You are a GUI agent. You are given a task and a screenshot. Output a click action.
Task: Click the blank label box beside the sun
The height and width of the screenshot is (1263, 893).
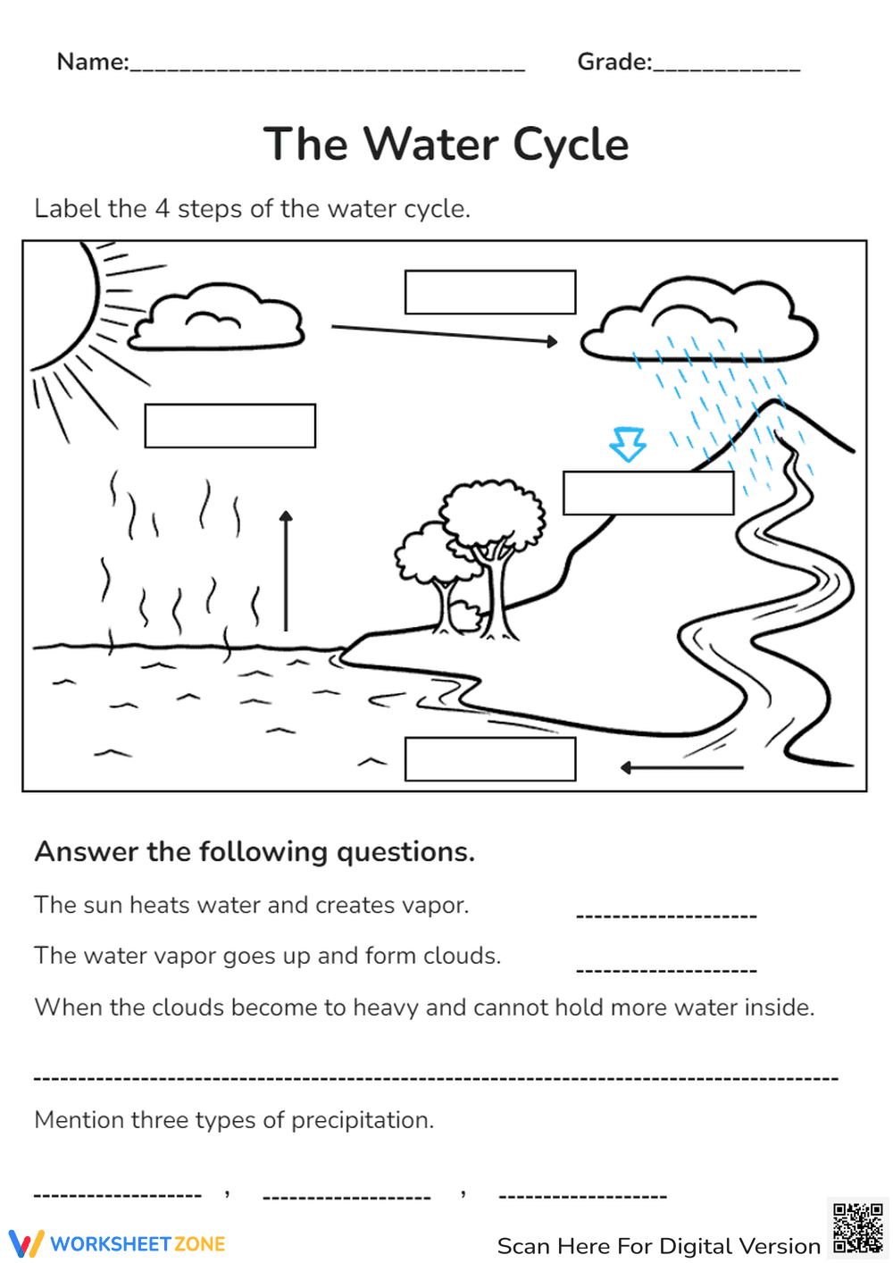click(230, 426)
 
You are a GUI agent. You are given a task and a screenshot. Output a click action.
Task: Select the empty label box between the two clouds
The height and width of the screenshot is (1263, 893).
click(489, 292)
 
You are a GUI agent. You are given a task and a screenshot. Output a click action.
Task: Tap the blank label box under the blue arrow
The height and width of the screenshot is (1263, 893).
click(648, 493)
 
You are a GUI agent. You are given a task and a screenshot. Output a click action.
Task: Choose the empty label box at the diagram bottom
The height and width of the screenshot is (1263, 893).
click(489, 759)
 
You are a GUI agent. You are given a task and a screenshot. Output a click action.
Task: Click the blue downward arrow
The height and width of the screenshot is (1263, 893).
click(628, 443)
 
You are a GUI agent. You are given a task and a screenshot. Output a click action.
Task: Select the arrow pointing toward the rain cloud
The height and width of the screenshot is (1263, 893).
click(444, 333)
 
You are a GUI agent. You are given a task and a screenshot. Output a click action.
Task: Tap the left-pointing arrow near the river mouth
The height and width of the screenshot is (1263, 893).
click(681, 767)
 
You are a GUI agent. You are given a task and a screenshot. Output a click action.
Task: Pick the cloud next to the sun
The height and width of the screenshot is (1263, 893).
click(217, 318)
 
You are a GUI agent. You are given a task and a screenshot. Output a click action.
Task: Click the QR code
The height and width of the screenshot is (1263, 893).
click(857, 1228)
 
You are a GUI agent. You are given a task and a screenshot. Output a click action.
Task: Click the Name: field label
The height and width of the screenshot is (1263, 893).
click(93, 62)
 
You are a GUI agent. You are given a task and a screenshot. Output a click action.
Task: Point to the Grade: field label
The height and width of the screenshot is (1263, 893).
click(614, 62)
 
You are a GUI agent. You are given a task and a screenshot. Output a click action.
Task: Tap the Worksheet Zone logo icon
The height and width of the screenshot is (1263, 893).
click(26, 1243)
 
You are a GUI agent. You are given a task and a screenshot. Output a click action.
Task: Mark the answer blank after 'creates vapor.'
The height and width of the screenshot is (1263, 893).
click(666, 916)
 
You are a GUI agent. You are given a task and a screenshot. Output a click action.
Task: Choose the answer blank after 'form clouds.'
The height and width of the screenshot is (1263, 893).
click(666, 970)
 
